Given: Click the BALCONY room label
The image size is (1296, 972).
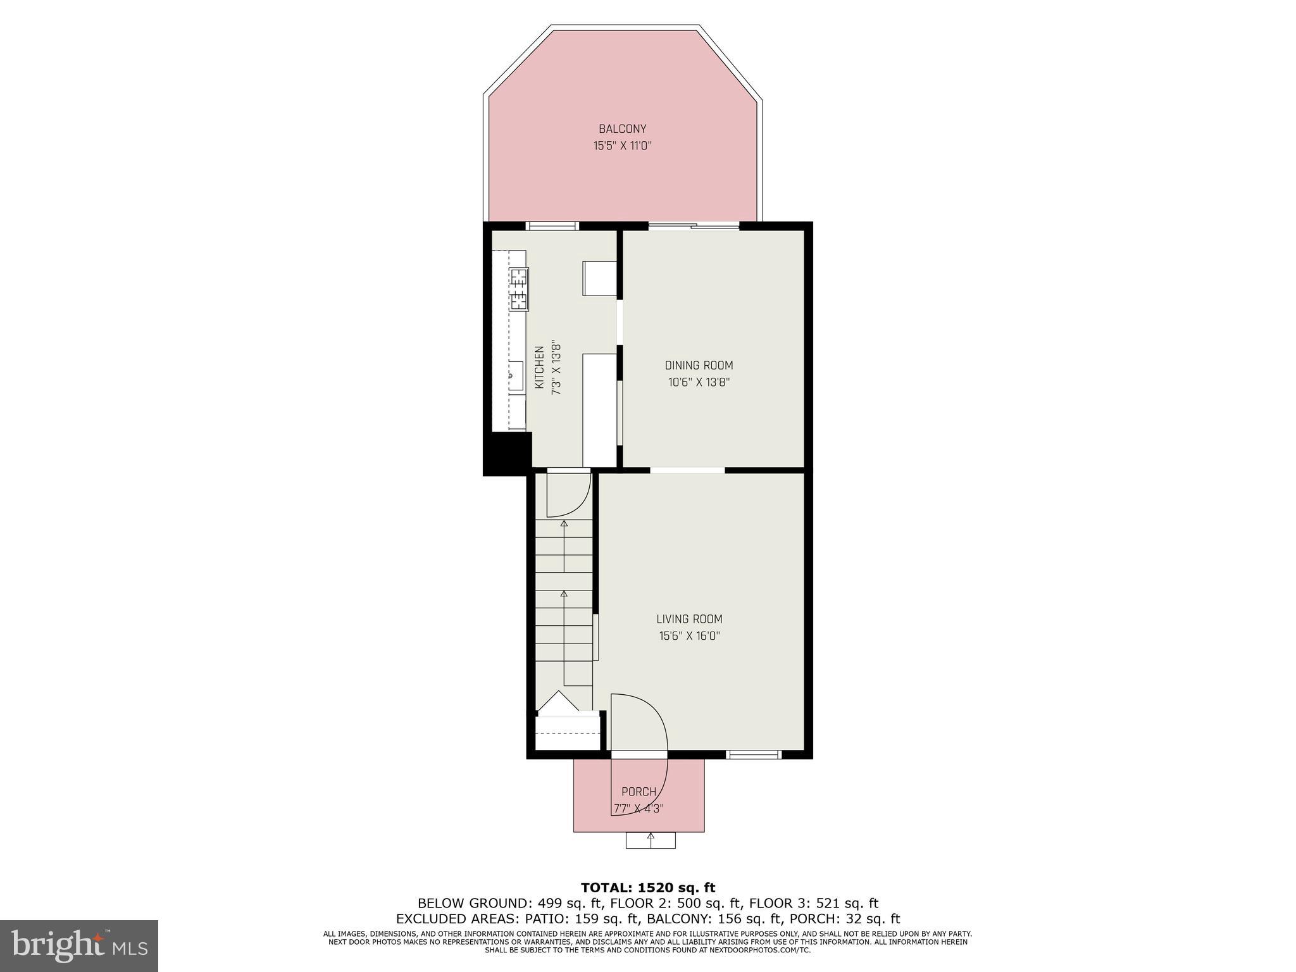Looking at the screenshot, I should pyautogui.click(x=622, y=129).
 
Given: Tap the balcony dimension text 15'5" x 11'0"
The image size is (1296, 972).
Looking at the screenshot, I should pyautogui.click(x=622, y=146).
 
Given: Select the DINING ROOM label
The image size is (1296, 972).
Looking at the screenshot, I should pyautogui.click(x=699, y=366).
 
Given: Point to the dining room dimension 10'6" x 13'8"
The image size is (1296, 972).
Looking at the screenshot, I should pyautogui.click(x=699, y=382).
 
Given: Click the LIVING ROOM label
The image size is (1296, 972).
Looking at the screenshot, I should pyautogui.click(x=689, y=620).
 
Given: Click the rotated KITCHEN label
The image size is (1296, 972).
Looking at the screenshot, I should pyautogui.click(x=540, y=367).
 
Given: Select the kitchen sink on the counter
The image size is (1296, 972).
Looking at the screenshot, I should pyautogui.click(x=514, y=377).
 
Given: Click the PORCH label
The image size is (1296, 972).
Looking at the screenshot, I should pyautogui.click(x=639, y=792).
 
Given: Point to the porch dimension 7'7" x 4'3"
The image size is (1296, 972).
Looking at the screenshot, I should pyautogui.click(x=639, y=808).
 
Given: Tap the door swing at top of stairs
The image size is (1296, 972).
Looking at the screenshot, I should pyautogui.click(x=568, y=494).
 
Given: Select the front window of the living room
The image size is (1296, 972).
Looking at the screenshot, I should pyautogui.click(x=753, y=754).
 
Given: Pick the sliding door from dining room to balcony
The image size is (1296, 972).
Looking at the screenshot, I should pyautogui.click(x=694, y=226).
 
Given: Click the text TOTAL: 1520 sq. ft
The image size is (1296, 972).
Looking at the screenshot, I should pyautogui.click(x=647, y=888).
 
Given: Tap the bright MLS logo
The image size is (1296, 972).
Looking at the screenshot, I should pyautogui.click(x=79, y=946).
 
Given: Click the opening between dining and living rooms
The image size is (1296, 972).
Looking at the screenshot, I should pyautogui.click(x=687, y=470).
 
